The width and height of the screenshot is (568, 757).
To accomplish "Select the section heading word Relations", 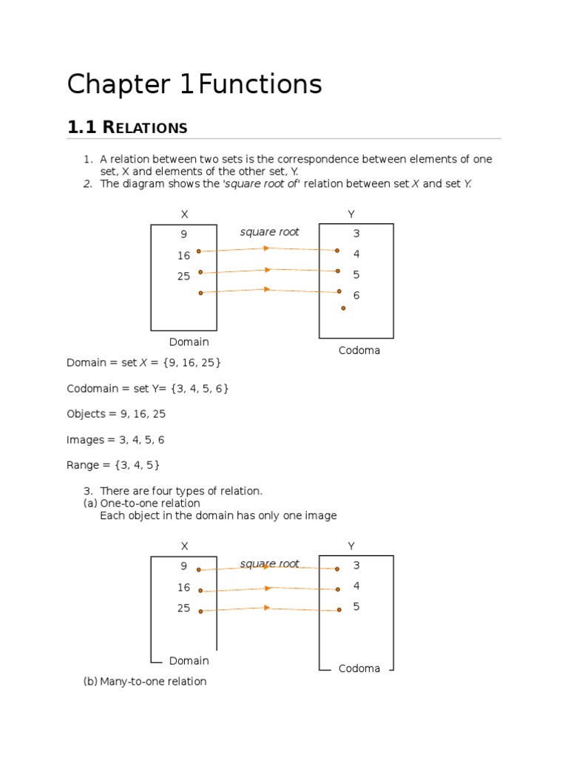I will click(x=145, y=128).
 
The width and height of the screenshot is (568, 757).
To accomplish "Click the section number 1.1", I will click(x=82, y=127).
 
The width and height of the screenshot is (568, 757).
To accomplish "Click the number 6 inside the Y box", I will click(x=356, y=295).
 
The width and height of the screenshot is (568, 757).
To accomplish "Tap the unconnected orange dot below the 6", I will click(x=343, y=308).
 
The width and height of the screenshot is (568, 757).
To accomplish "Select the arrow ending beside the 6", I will click(x=269, y=291).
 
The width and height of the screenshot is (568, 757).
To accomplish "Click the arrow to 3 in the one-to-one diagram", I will click(x=268, y=568).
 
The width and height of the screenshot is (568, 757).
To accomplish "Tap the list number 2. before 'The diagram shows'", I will click(x=87, y=184).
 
